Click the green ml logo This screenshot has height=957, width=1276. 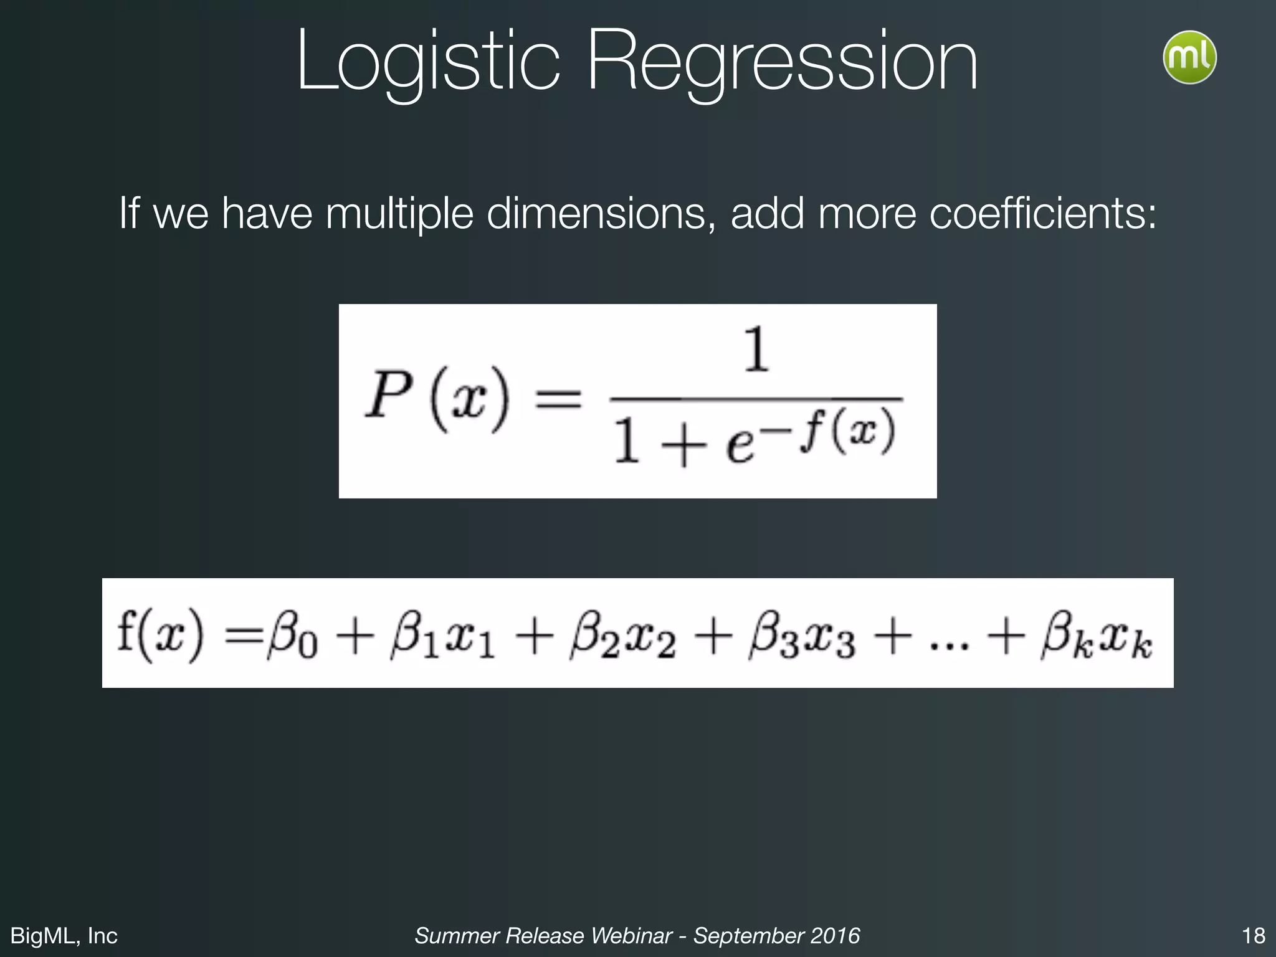[1189, 57]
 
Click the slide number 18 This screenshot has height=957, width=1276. [1253, 935]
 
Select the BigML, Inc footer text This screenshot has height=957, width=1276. [64, 935]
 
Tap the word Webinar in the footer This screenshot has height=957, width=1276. [631, 935]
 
